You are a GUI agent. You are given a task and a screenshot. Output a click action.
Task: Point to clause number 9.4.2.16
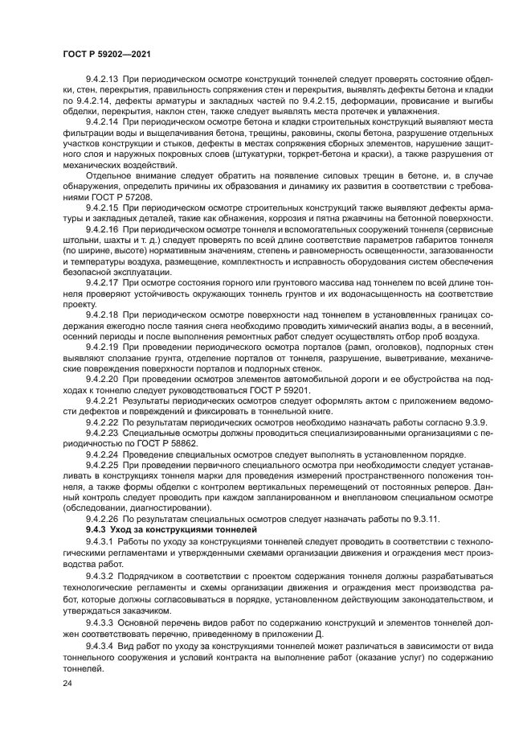click(x=101, y=229)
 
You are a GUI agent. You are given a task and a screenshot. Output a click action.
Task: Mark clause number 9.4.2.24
click(x=101, y=454)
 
